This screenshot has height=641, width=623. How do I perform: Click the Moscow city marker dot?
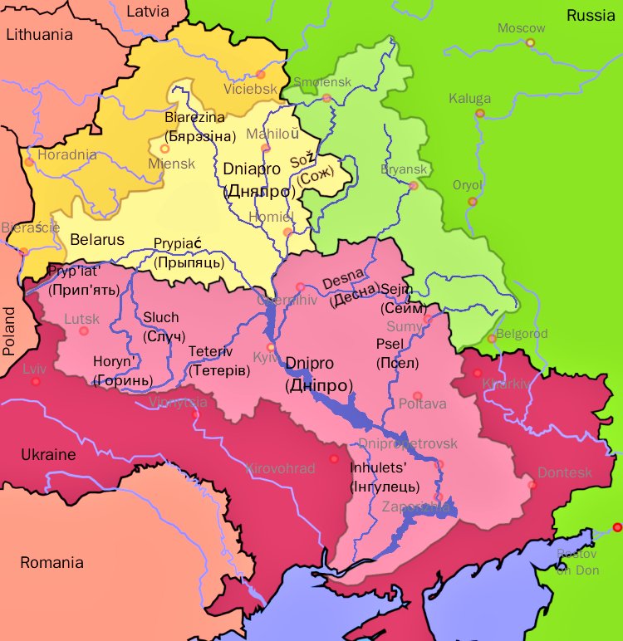(530, 42)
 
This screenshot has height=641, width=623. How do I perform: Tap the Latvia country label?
(147, 12)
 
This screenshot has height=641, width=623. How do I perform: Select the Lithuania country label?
(39, 35)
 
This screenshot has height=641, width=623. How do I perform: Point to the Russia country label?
(589, 15)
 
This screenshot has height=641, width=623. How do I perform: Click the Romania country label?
(52, 562)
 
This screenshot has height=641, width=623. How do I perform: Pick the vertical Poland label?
(10, 330)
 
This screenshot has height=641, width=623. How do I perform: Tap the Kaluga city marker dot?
(479, 113)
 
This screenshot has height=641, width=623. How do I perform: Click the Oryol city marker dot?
(473, 201)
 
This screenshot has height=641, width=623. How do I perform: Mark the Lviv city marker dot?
(36, 382)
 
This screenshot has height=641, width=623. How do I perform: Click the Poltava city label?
(423, 404)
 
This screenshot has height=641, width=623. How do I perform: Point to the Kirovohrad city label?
(281, 468)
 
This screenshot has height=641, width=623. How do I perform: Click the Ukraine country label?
(48, 455)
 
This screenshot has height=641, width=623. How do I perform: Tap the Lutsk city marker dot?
(83, 330)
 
